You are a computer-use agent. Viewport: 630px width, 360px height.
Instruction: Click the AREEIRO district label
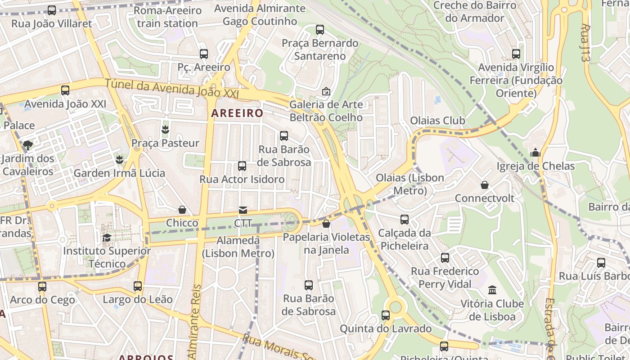click(237, 113)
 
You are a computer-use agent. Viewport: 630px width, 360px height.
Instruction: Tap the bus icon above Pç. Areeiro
click(204, 54)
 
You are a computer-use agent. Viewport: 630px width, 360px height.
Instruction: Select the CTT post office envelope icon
click(243, 210)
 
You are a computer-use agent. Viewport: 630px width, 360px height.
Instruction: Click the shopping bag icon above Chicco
click(182, 210)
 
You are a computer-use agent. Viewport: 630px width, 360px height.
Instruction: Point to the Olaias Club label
click(437, 121)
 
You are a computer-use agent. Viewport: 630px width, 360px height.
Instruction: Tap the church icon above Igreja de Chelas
click(535, 153)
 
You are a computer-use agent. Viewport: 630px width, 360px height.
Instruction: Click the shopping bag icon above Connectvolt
click(485, 185)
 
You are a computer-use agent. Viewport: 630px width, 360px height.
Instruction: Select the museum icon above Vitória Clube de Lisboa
click(492, 290)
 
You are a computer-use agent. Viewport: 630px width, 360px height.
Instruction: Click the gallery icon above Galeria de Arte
click(326, 91)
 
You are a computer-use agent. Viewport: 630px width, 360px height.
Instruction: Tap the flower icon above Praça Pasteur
click(165, 130)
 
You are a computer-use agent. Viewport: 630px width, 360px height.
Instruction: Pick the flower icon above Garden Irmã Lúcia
click(119, 159)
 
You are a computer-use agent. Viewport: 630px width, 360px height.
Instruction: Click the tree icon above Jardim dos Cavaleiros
click(28, 145)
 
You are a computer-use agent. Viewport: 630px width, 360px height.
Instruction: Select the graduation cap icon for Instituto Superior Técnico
click(107, 238)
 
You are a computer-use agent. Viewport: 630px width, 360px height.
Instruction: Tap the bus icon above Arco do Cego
click(42, 286)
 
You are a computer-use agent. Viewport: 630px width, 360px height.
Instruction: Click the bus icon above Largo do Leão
click(138, 286)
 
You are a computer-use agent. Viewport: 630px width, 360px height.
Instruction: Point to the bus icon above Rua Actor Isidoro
click(242, 166)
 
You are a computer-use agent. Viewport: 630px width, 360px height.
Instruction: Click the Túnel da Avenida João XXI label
click(171, 88)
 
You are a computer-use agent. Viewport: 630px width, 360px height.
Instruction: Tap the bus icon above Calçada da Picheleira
click(405, 220)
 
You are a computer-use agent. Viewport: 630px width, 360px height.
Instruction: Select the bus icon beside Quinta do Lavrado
click(386, 315)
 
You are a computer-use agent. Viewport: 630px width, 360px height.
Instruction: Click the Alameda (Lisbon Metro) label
click(238, 247)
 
